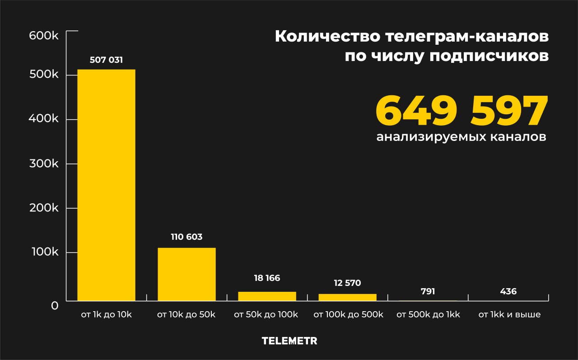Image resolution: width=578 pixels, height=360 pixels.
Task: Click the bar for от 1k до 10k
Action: tap(106, 185)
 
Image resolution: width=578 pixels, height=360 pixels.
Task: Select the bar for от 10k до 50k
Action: tap(186, 274)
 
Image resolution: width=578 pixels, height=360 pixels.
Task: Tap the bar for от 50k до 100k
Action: tap(267, 296)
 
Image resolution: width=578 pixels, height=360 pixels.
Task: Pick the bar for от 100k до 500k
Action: tap(347, 297)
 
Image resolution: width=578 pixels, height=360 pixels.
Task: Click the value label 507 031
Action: tap(106, 60)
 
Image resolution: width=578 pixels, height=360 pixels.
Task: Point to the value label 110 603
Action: tap(186, 237)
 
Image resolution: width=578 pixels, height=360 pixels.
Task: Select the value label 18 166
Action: tap(267, 278)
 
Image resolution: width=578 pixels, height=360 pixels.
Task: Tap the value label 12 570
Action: tap(347, 283)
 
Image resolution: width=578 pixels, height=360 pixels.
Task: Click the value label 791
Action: tap(428, 291)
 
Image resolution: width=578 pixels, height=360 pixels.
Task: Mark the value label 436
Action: tap(508, 291)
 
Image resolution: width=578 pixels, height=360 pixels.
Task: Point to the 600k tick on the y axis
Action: tap(44, 36)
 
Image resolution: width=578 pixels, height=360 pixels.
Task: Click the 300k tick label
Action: tap(44, 164)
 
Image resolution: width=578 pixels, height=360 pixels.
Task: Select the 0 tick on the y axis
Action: tap(54, 306)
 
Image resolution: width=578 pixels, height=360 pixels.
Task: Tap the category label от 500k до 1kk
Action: tap(428, 314)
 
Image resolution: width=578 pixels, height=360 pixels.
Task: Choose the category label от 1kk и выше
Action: tap(509, 314)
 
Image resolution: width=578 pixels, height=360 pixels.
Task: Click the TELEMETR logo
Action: tap(289, 341)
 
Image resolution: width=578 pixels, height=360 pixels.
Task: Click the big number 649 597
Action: tap(461, 111)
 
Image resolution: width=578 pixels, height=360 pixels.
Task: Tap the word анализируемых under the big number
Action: tap(429, 137)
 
